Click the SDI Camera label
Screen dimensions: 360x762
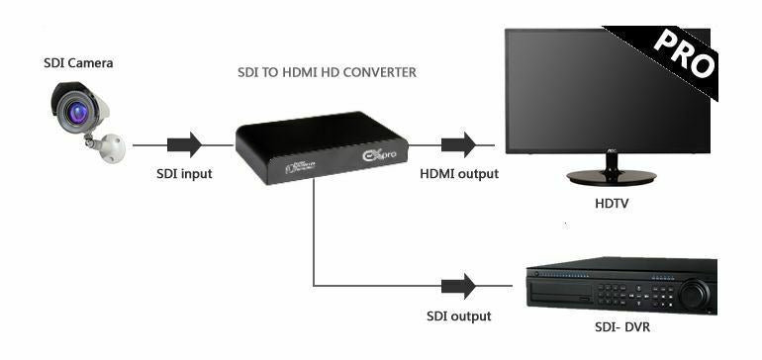coord(78,63)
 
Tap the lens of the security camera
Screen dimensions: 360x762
coord(76,112)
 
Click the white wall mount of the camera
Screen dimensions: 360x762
coord(111,147)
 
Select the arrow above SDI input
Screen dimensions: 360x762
coord(184,145)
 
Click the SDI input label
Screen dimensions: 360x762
coord(184,174)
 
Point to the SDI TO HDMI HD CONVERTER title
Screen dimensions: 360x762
coord(328,72)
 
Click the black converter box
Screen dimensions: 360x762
coord(308,138)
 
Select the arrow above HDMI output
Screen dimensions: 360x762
coord(457,145)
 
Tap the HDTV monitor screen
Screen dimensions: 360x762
coord(594,89)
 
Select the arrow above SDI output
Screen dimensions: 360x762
coord(457,287)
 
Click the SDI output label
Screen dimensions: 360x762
coord(457,315)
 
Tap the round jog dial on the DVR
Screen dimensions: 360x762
coord(695,294)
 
